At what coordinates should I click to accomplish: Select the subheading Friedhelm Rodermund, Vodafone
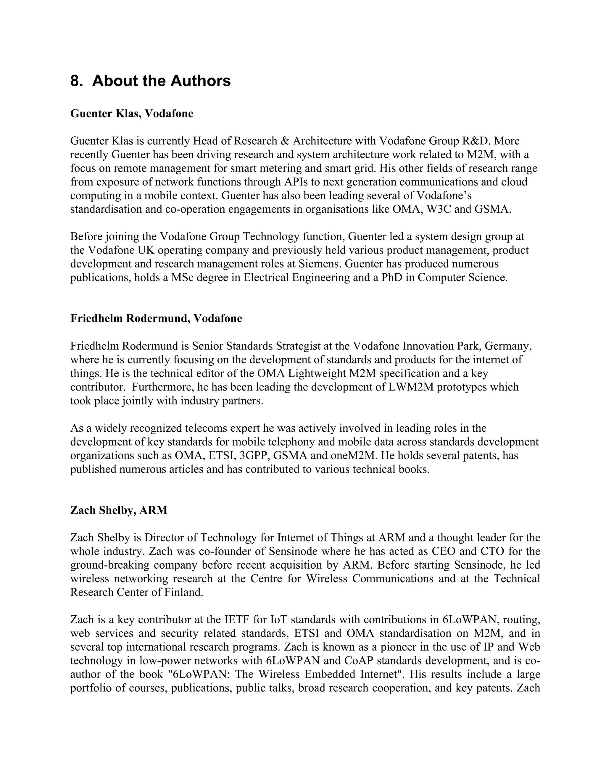tap(156, 318)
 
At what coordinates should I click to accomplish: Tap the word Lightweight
tap(317, 373)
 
